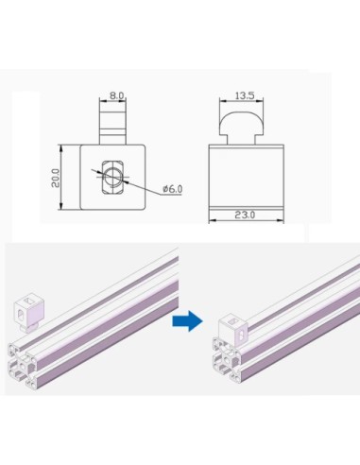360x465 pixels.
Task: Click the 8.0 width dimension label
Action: [115, 95]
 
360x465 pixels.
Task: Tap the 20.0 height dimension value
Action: [56, 178]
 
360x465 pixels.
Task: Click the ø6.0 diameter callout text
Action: [174, 189]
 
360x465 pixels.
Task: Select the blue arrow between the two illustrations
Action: [187, 322]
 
